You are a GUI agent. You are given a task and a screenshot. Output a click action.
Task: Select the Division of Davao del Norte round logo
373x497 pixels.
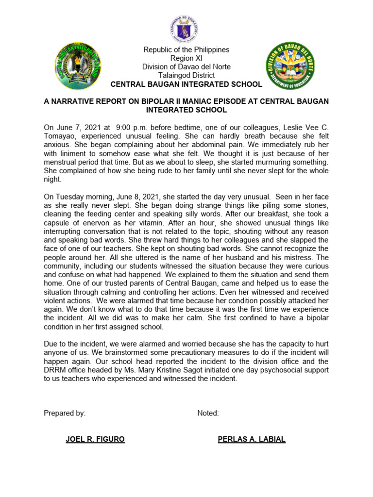(x=290, y=66)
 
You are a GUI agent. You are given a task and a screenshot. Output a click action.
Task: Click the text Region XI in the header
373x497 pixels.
(x=186, y=58)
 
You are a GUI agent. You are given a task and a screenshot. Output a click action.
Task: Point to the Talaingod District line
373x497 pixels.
(x=186, y=75)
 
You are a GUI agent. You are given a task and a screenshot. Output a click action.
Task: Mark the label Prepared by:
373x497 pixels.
(x=65, y=413)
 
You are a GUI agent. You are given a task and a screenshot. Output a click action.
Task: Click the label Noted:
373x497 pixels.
(x=208, y=413)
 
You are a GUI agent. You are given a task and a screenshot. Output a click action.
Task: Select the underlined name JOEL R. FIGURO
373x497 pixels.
(x=95, y=439)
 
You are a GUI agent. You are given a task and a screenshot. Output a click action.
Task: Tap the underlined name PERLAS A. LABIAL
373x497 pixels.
(x=252, y=439)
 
